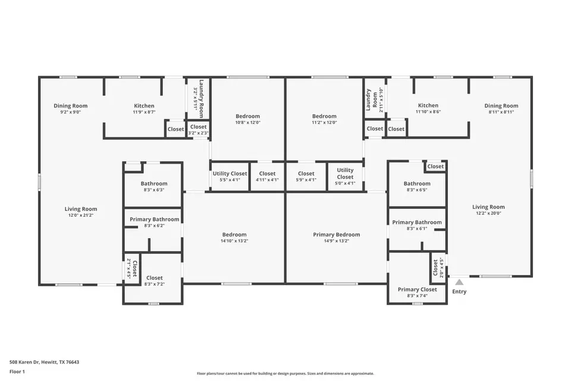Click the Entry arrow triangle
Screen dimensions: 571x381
coord(459,282)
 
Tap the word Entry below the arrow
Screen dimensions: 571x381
coord(459,291)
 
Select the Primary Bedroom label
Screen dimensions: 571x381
coord(337,235)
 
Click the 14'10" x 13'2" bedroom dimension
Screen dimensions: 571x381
coord(234,241)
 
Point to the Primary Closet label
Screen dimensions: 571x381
coord(418,289)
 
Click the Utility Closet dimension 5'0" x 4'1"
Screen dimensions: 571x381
coord(345,183)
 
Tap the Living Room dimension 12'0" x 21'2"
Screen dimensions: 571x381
coord(81,215)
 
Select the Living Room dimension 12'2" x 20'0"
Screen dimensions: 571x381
coord(489,213)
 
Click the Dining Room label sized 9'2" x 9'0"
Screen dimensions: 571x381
coord(71,106)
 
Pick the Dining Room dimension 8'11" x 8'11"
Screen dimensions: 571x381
coord(501,112)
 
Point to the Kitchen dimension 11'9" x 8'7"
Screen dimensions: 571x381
coord(144,112)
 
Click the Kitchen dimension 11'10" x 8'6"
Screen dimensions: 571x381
coord(428,111)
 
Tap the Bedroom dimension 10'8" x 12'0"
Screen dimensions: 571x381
coord(248,123)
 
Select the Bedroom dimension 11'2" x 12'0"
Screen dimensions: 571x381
coord(325,123)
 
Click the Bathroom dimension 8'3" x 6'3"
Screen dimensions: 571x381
coord(155,189)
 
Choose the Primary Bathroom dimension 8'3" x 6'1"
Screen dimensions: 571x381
coord(417,229)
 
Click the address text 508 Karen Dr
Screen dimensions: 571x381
coord(25,362)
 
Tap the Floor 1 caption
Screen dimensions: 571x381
coord(17,371)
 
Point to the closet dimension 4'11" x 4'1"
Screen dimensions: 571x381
coord(267,180)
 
